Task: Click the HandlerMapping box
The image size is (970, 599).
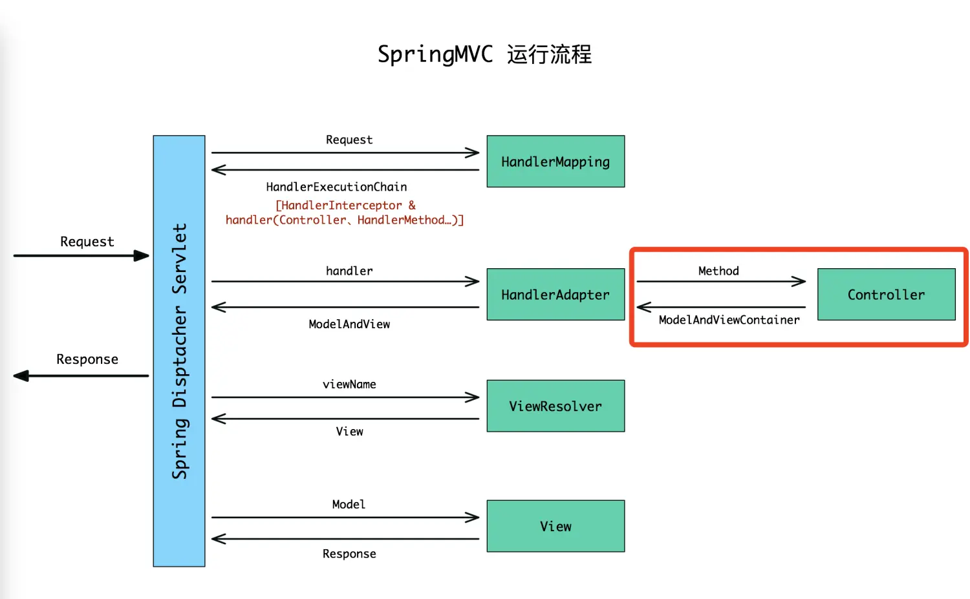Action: click(555, 162)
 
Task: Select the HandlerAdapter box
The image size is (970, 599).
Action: click(555, 295)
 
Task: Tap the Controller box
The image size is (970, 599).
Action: click(886, 295)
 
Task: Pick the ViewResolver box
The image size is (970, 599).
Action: click(555, 406)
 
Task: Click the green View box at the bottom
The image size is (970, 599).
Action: click(555, 526)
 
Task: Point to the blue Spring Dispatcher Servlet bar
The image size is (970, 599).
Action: click(179, 351)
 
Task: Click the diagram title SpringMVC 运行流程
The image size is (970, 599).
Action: click(484, 54)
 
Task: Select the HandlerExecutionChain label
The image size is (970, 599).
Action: click(336, 187)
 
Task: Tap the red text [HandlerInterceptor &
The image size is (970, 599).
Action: click(345, 205)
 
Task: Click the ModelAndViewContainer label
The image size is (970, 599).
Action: click(729, 320)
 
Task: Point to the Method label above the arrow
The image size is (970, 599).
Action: click(718, 271)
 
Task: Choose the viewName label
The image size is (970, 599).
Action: click(349, 384)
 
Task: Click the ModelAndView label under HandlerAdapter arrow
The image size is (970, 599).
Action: click(349, 324)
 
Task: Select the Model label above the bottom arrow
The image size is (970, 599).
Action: click(349, 504)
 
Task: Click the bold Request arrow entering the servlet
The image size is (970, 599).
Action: click(81, 256)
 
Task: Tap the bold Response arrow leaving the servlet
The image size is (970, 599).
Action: click(81, 375)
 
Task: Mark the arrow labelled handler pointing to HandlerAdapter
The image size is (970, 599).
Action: click(345, 282)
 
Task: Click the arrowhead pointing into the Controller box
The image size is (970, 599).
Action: click(799, 282)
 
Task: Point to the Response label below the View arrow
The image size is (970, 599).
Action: click(349, 554)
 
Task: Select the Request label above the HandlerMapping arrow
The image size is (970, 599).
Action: click(349, 140)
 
